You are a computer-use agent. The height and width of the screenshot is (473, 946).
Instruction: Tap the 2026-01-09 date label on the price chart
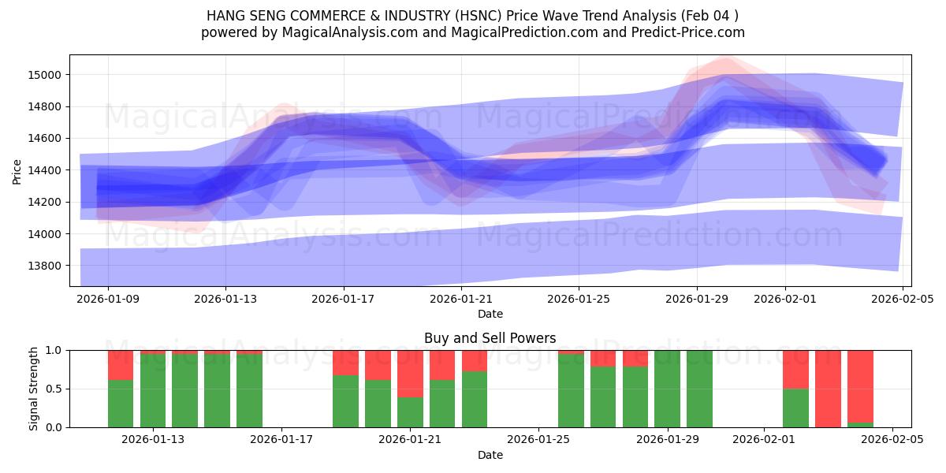(x=108, y=300)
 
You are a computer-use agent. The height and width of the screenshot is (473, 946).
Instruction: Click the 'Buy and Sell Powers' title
(x=490, y=338)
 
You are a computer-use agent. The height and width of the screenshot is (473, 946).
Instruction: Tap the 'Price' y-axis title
(x=17, y=170)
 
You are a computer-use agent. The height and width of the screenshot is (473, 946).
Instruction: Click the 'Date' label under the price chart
(x=490, y=314)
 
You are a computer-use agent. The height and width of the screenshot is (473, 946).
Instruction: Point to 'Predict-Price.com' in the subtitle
(x=685, y=32)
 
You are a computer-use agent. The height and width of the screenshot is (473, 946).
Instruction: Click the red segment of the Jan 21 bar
(x=410, y=374)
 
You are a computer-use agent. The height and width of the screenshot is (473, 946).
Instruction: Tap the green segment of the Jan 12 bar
(x=121, y=404)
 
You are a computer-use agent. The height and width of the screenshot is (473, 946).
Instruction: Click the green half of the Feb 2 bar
(x=795, y=408)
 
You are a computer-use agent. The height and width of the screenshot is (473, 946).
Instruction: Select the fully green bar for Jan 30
(x=699, y=389)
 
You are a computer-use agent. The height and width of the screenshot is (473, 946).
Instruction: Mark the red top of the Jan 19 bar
(x=345, y=363)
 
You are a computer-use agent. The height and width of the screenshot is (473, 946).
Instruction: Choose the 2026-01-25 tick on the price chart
(x=579, y=300)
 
